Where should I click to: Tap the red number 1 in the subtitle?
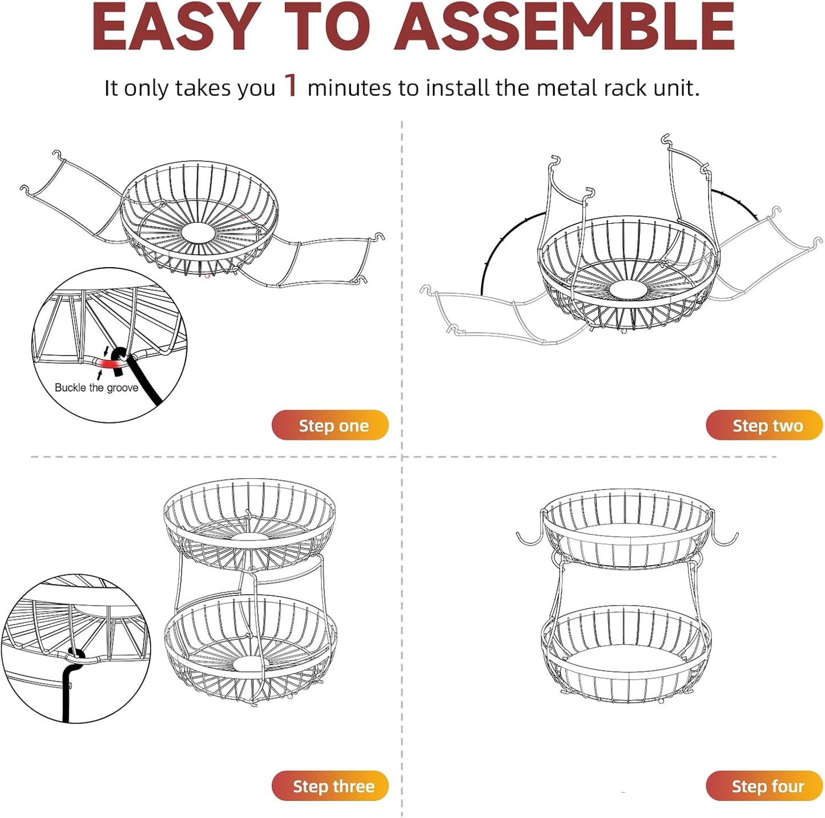tap(291, 86)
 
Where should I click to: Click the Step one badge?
tap(330, 425)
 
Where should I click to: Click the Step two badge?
tap(764, 425)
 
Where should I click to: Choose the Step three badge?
tap(330, 786)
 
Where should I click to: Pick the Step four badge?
tap(764, 786)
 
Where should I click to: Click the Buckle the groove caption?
tap(96, 388)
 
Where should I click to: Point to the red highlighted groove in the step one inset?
tap(106, 364)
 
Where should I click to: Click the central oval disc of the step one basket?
tap(198, 232)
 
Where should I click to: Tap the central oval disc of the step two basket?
tap(628, 289)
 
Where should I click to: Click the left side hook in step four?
tap(528, 538)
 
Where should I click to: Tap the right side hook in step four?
tap(726, 538)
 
